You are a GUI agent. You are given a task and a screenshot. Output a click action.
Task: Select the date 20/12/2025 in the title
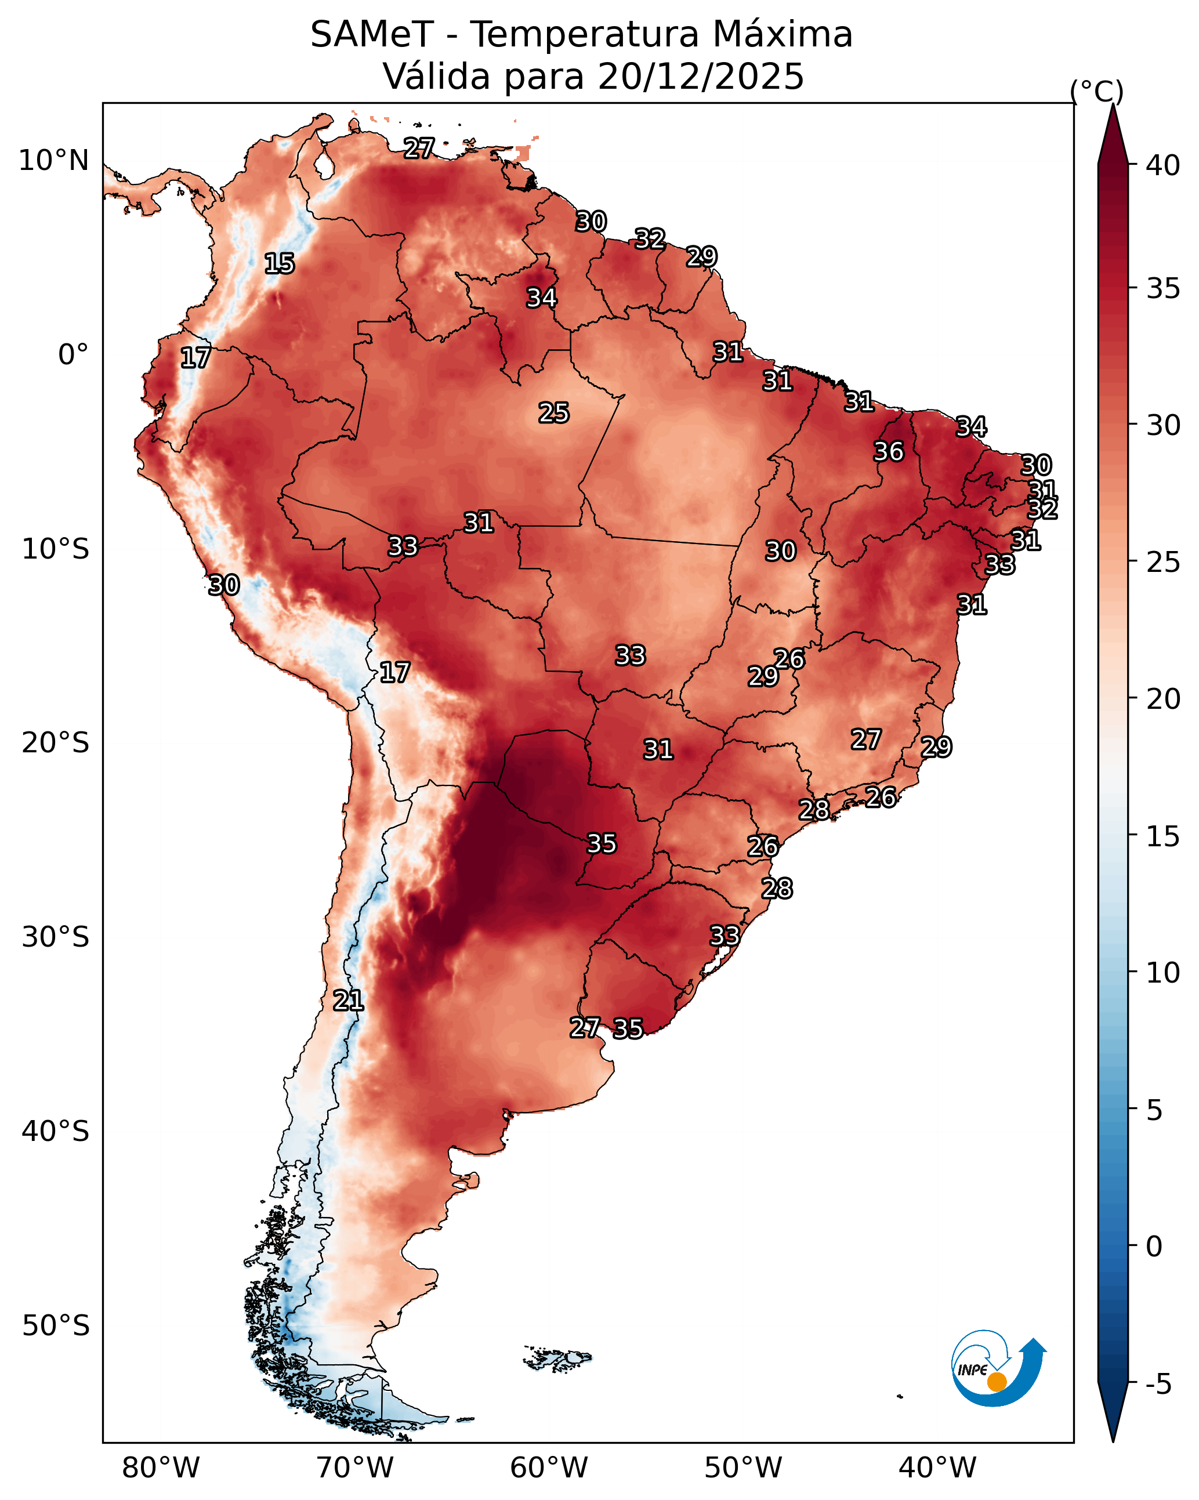pos(700,77)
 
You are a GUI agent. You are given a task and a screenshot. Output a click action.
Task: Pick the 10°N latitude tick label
pos(53,161)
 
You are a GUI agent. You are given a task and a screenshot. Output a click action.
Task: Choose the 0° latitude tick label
pos(73,355)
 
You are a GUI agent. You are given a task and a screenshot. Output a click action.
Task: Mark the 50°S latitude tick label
pos(56,1325)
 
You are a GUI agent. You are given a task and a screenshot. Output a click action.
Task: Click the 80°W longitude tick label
pos(161,1468)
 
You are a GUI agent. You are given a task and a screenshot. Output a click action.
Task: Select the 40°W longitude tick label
pos(937,1468)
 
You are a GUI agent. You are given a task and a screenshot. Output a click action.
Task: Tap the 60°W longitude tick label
pos(549,1468)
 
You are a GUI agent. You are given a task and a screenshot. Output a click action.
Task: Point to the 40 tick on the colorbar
pos(1163,165)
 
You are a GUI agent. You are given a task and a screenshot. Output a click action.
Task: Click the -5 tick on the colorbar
pos(1158,1385)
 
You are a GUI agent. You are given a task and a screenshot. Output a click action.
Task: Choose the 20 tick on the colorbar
pos(1163,699)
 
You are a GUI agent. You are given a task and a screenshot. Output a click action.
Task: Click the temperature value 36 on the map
pos(889,451)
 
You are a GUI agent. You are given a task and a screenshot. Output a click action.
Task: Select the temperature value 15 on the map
pos(280,264)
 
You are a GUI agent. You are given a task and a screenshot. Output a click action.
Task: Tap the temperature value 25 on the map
pos(554,413)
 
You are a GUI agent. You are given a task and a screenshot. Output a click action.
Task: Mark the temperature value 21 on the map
pos(348,1001)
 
